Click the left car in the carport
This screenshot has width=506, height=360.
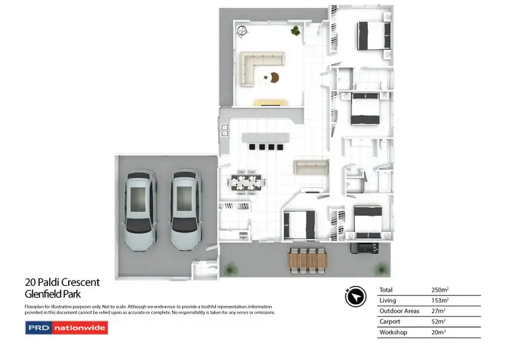tap(140, 210)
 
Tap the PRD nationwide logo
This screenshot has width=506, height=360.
tap(66, 328)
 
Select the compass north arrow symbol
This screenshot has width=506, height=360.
tap(355, 297)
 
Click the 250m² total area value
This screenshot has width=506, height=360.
tap(439, 289)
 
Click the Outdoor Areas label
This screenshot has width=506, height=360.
tap(399, 311)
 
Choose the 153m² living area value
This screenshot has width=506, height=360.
tap(439, 300)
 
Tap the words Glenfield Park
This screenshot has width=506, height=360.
tap(53, 293)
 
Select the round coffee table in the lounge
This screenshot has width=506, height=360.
tap(275, 77)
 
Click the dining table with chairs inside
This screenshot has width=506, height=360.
tap(246, 182)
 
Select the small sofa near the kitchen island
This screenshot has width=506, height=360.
tap(310, 167)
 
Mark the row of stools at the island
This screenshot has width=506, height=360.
tap(263, 146)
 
